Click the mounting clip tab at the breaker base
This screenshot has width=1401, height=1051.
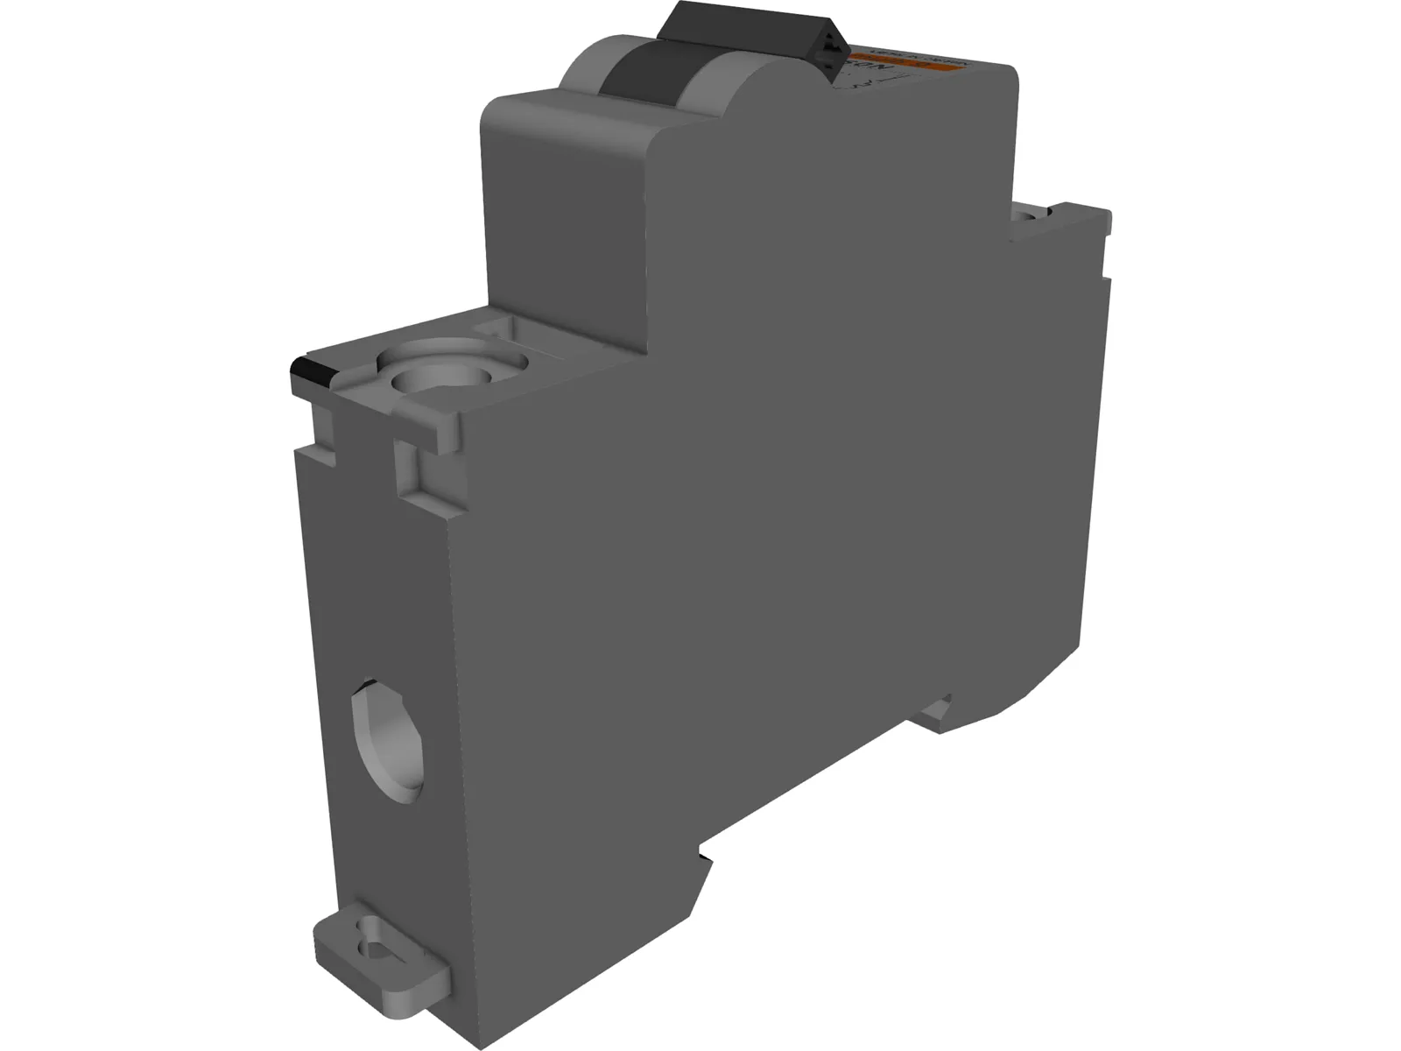tap(381, 972)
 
